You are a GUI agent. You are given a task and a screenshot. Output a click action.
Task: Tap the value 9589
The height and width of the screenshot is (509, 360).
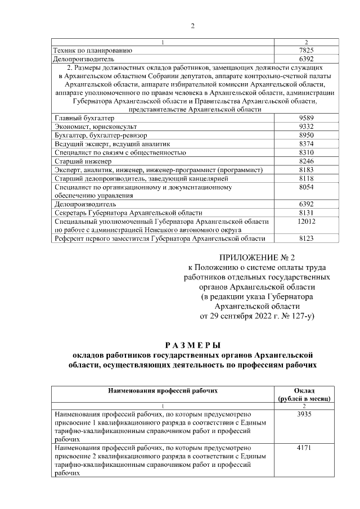305,119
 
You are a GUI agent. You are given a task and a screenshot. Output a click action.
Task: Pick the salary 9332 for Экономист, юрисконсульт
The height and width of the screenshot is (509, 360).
305,127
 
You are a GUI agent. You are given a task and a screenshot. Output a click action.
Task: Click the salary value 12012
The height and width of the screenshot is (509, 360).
305,222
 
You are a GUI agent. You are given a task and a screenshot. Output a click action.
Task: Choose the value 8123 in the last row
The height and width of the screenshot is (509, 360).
305,239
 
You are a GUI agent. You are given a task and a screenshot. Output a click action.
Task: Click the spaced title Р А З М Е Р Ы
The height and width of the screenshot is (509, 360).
192,345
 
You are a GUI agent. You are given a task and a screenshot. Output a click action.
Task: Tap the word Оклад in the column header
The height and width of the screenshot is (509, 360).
304,390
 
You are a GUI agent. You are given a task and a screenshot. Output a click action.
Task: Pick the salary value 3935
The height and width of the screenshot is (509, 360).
304,415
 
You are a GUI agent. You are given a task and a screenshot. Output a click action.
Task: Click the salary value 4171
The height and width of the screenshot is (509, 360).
304,448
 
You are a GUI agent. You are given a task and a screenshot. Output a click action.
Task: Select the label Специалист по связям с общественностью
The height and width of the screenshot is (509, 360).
120,152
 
